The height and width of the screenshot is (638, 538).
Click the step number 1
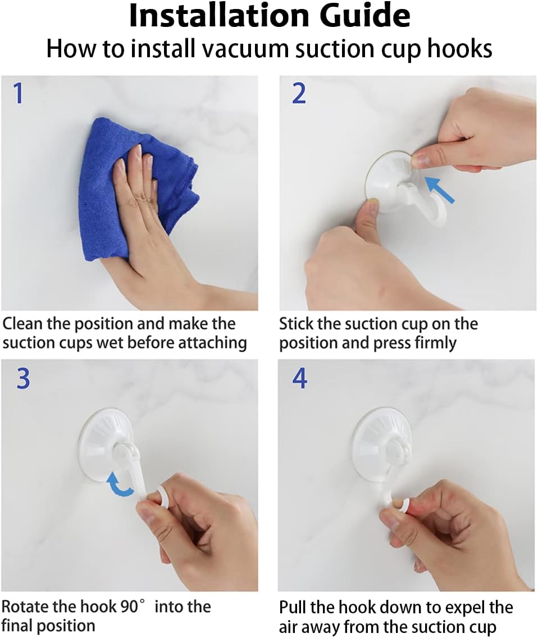coord(19,93)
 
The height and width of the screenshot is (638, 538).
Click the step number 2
coord(299,93)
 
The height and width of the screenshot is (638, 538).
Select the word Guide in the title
coord(364,16)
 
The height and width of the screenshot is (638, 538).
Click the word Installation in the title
coord(218,16)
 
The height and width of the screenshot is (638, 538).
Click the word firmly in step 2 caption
coord(435,343)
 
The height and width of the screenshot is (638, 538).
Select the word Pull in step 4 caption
coord(293,607)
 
